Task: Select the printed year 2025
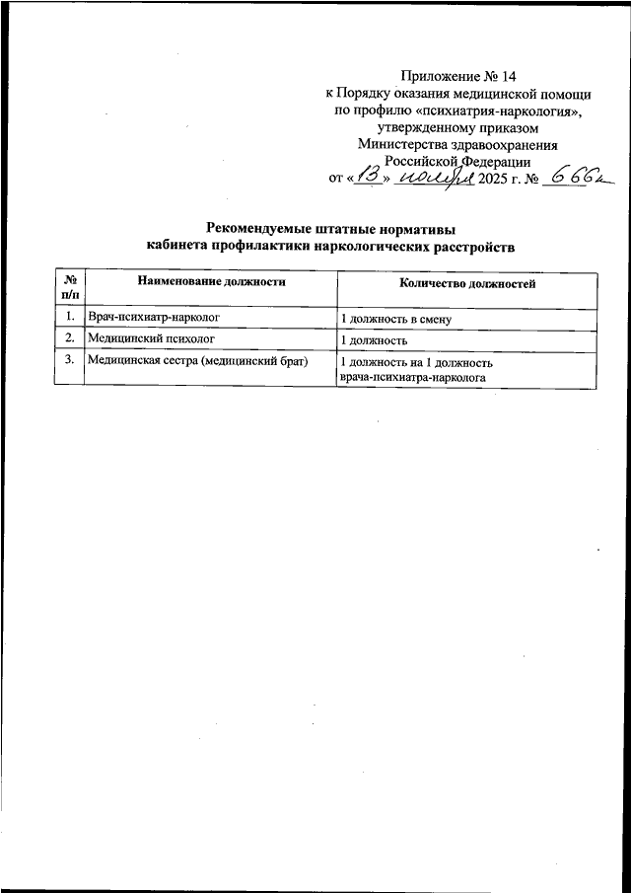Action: [x=492, y=179]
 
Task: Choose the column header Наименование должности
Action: [x=211, y=282]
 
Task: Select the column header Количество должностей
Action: [x=467, y=283]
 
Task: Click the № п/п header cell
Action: [x=70, y=287]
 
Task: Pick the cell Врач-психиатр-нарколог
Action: [x=153, y=318]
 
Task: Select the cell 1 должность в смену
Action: [x=394, y=319]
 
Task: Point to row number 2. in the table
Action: [x=70, y=339]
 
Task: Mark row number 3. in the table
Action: [x=70, y=361]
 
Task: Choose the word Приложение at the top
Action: [x=440, y=76]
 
